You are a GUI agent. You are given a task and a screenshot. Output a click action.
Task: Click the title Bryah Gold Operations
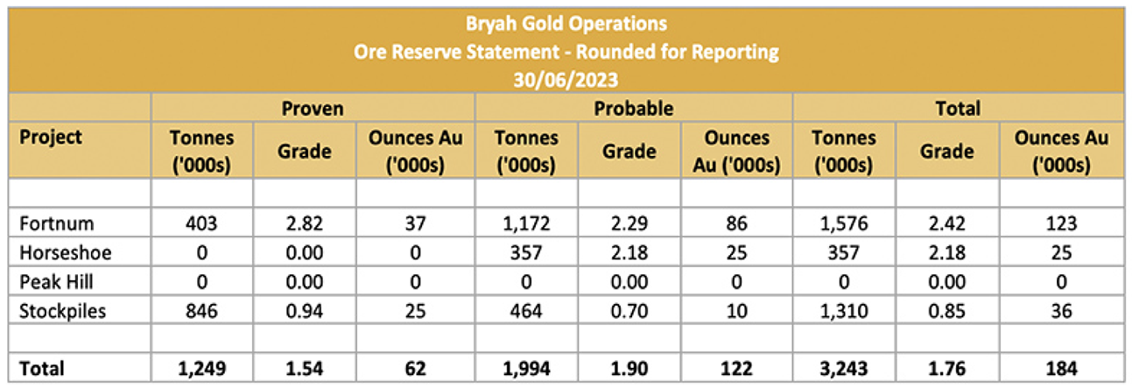click(566, 24)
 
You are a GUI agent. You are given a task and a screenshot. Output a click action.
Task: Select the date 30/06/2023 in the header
click(566, 79)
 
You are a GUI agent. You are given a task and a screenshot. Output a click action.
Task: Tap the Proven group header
click(312, 109)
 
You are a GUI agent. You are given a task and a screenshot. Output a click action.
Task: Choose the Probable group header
click(634, 109)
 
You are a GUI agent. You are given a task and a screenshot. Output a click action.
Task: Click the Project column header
click(51, 138)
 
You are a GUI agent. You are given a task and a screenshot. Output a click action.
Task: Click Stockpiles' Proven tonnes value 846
click(201, 312)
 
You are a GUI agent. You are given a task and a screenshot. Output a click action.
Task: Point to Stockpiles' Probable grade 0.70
click(629, 312)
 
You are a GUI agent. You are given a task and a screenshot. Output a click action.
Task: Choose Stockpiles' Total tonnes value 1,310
click(844, 312)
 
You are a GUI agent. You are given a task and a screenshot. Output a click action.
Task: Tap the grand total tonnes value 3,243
click(844, 369)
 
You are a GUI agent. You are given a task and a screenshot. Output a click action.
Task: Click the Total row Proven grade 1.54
click(305, 369)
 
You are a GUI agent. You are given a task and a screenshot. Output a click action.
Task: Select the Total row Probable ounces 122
click(736, 369)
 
